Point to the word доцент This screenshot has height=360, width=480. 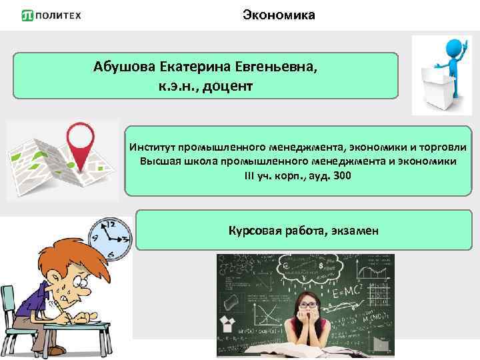tap(229, 87)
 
